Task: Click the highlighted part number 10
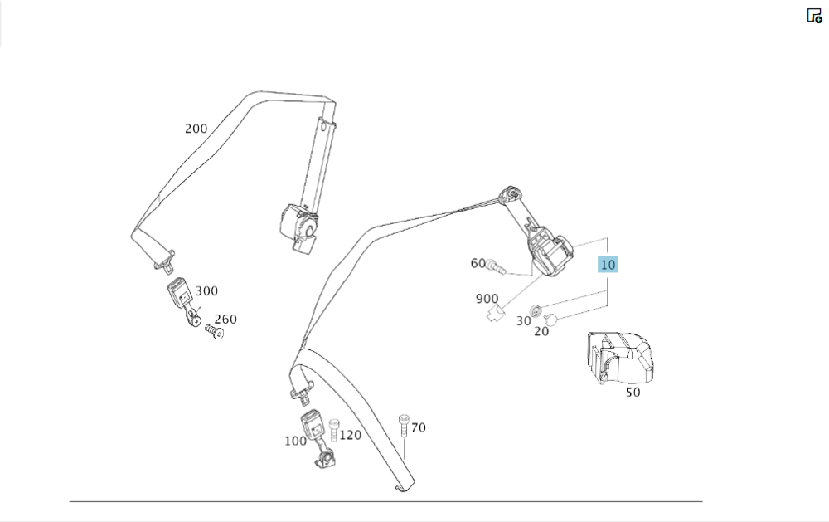pyautogui.click(x=608, y=265)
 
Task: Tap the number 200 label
pyautogui.click(x=196, y=129)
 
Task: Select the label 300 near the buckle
pyautogui.click(x=206, y=290)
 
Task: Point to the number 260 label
pyautogui.click(x=225, y=319)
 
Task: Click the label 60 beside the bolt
pyautogui.click(x=478, y=263)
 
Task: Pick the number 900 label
pyautogui.click(x=487, y=299)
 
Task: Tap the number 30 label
pyautogui.click(x=523, y=320)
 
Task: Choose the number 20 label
pyautogui.click(x=541, y=331)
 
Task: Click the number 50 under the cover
pyautogui.click(x=633, y=393)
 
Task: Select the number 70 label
pyautogui.click(x=419, y=428)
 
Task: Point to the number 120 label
pyautogui.click(x=351, y=435)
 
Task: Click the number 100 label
pyautogui.click(x=295, y=441)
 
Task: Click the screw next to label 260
pyautogui.click(x=215, y=332)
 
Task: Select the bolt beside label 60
pyautogui.click(x=495, y=266)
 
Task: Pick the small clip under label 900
pyautogui.click(x=494, y=313)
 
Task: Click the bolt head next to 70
pyautogui.click(x=404, y=418)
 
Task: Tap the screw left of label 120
pyautogui.click(x=334, y=429)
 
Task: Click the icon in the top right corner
pyautogui.click(x=814, y=15)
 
